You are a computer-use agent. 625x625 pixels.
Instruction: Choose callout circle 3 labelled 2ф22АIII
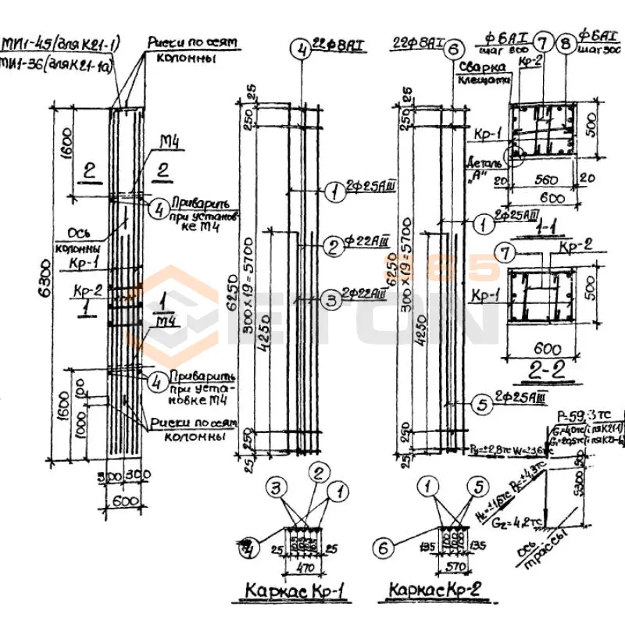[331, 296]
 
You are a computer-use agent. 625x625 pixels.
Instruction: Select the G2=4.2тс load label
[516, 515]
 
